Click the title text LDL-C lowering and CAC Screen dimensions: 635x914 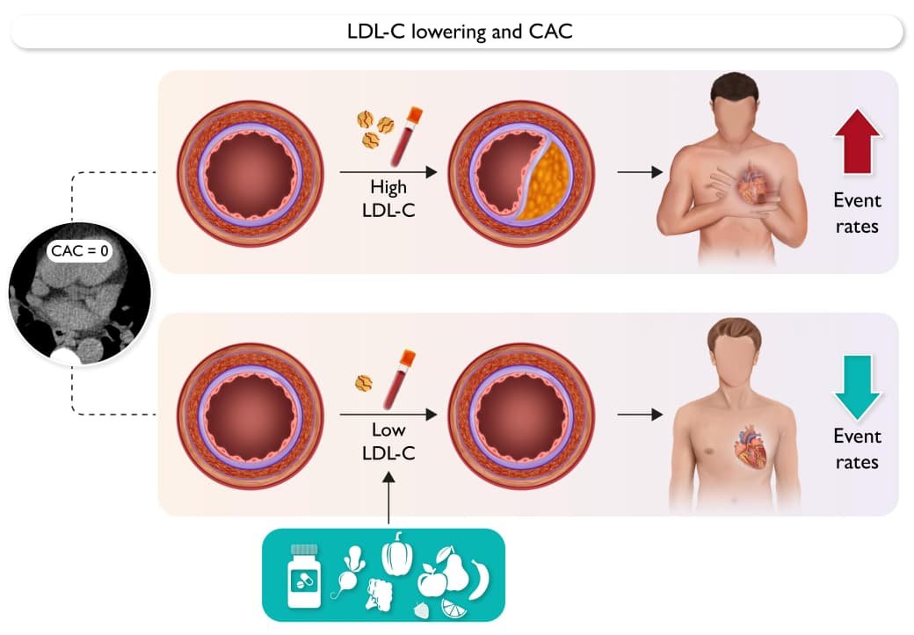(x=460, y=32)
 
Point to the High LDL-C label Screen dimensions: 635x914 (x=388, y=198)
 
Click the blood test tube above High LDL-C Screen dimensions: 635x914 (x=405, y=136)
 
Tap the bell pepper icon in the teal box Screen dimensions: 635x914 (x=396, y=554)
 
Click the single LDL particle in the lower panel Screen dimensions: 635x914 (x=363, y=383)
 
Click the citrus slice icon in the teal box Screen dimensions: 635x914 (x=455, y=607)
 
